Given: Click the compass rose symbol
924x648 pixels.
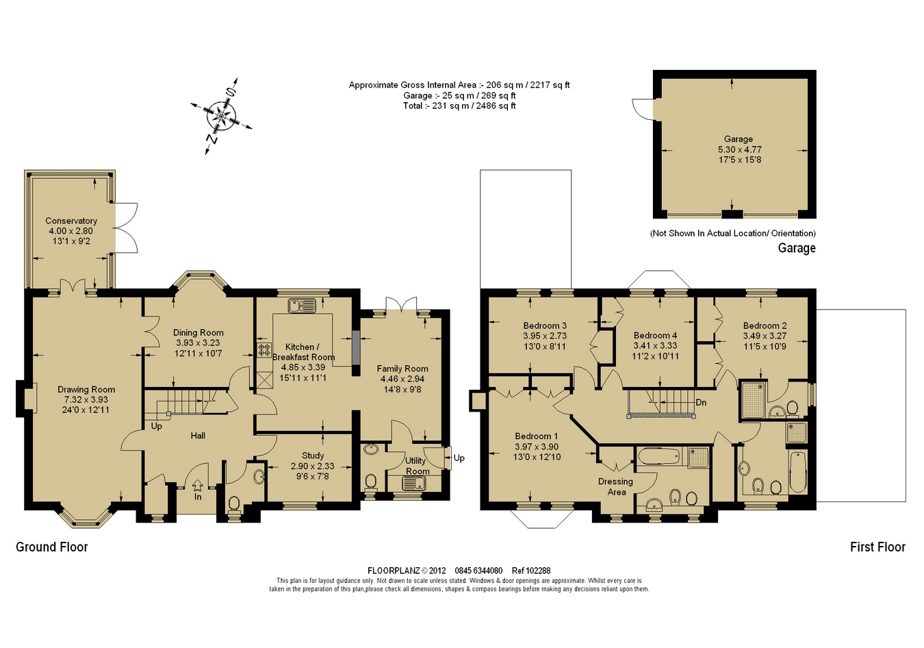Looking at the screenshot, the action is pyautogui.click(x=222, y=116).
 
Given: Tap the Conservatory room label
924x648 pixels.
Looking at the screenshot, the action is pyautogui.click(x=71, y=221).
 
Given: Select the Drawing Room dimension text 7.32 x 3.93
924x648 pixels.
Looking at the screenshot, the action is pyautogui.click(x=86, y=399).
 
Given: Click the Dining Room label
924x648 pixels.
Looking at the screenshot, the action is pyautogui.click(x=198, y=332).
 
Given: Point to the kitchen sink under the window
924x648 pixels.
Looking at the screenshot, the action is pyautogui.click(x=302, y=305).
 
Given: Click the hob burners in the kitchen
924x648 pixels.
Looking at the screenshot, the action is pyautogui.click(x=264, y=350).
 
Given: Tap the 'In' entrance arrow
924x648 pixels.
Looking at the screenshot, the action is pyautogui.click(x=198, y=484).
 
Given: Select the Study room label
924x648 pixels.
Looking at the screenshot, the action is pyautogui.click(x=313, y=456).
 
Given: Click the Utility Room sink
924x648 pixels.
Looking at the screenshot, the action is pyautogui.click(x=413, y=482).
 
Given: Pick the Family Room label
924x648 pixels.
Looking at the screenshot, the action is pyautogui.click(x=402, y=369).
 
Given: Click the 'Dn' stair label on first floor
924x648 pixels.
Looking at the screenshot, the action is pyautogui.click(x=701, y=402).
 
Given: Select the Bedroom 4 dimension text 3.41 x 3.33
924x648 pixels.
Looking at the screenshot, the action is pyautogui.click(x=655, y=345).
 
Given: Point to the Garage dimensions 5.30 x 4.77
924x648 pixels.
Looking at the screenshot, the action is pyautogui.click(x=740, y=149).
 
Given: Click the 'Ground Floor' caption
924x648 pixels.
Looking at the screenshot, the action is pyautogui.click(x=52, y=547).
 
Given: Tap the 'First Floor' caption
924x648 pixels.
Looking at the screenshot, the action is pyautogui.click(x=877, y=547).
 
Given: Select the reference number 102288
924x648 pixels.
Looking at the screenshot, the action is pyautogui.click(x=537, y=571).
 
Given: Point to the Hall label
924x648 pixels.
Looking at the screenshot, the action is pyautogui.click(x=198, y=436).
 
